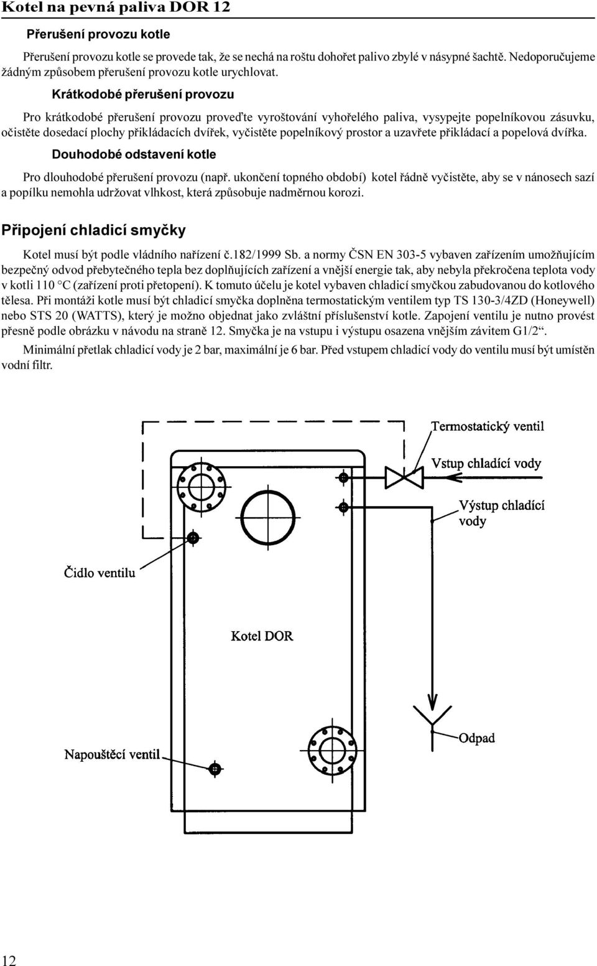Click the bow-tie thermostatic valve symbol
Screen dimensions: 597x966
tap(404, 478)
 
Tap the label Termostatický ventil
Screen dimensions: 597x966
tap(488, 426)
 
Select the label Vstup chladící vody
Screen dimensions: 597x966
tap(486, 464)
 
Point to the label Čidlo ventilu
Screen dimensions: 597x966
tap(99, 573)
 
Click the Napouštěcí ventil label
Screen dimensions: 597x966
tap(112, 754)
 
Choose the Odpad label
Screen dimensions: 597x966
tap(476, 738)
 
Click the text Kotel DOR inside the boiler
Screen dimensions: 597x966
tap(262, 635)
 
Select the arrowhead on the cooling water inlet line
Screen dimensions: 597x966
tap(452, 477)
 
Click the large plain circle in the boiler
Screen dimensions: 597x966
tap(268, 517)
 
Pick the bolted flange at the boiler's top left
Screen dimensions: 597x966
tap(201, 487)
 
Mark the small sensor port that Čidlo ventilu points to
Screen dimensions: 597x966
tap(193, 537)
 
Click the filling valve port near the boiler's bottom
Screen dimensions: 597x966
tap(215, 769)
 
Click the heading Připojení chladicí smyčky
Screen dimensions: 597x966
tap(93, 230)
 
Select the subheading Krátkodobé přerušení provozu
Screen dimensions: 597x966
tap(143, 95)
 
